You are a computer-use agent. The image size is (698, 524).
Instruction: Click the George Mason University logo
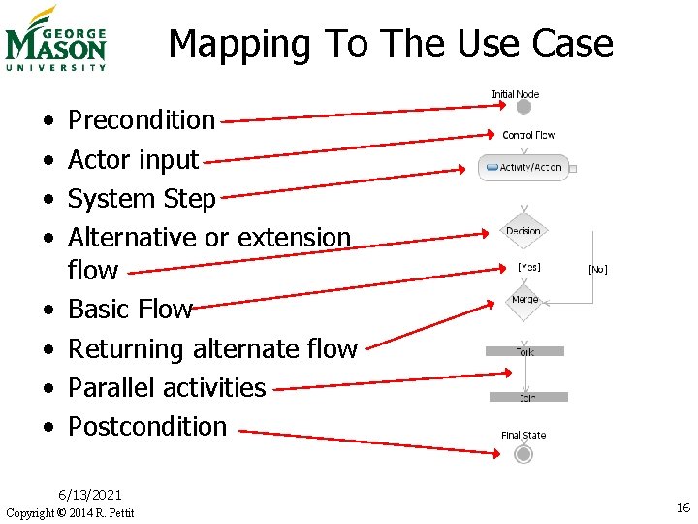[x=55, y=39]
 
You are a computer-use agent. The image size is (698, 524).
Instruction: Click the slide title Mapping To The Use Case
[x=391, y=44]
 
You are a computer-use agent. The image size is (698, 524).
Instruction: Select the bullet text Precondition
[x=142, y=120]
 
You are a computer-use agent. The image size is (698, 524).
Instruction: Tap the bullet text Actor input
[x=133, y=159]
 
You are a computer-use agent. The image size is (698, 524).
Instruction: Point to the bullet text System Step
[x=142, y=198]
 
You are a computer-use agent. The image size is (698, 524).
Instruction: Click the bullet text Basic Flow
[x=130, y=309]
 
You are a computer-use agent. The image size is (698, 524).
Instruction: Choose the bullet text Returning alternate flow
[x=212, y=348]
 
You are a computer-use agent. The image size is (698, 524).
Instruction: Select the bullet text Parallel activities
[x=167, y=387]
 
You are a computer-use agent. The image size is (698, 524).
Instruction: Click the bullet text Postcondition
[x=147, y=426]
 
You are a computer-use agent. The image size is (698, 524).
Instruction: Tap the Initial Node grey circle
[x=523, y=108]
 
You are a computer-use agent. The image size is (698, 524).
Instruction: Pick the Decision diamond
[x=523, y=231]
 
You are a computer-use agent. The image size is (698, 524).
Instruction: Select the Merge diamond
[x=524, y=300]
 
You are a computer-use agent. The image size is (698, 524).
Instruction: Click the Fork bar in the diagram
[x=524, y=351]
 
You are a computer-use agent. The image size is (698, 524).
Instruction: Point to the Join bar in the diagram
[x=528, y=397]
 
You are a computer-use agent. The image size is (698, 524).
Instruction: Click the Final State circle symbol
[x=523, y=454]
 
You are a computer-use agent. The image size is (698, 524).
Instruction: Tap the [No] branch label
[x=598, y=269]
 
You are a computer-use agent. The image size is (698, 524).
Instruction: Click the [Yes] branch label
[x=529, y=267]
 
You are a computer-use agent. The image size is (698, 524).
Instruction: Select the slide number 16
[x=682, y=508]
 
